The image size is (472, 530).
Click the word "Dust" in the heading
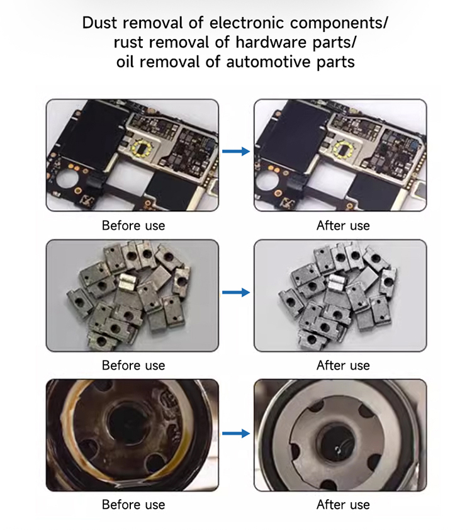coord(100,23)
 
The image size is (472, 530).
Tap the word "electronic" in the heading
coord(247,23)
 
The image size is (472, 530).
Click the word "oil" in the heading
coord(125,62)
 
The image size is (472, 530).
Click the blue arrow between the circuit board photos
coord(236,151)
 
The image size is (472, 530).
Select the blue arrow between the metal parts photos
coord(236,292)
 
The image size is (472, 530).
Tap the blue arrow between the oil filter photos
coord(236,433)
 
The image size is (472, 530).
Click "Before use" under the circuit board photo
coord(133,226)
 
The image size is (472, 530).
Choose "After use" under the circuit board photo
coord(343,226)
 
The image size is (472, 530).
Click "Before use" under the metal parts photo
coord(133,365)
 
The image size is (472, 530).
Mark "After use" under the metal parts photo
coord(343,365)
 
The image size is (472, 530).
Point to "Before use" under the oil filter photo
coord(133,505)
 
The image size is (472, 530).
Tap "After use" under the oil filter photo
coord(343,505)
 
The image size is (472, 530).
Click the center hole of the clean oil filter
coord(336,443)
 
